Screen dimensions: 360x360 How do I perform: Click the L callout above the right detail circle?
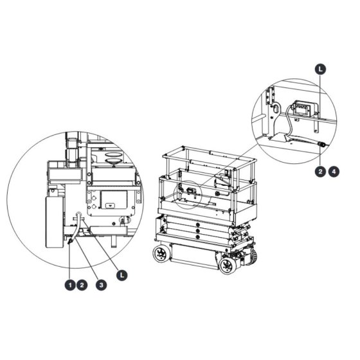pyautogui.click(x=320, y=69)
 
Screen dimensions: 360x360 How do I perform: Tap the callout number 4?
pyautogui.click(x=334, y=172)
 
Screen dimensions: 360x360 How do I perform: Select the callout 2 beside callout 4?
pyautogui.click(x=320, y=172)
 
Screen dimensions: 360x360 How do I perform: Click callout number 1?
pyautogui.click(x=70, y=285)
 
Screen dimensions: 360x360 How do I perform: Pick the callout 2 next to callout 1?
pyautogui.click(x=82, y=285)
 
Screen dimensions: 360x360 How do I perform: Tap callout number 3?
pyautogui.click(x=102, y=285)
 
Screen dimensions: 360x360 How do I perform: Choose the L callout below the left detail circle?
pyautogui.click(x=122, y=275)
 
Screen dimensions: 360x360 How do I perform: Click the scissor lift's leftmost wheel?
pyautogui.click(x=160, y=254)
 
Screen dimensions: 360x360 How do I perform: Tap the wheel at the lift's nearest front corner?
pyautogui.click(x=228, y=265)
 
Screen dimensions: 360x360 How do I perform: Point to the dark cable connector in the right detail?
pyautogui.click(x=320, y=145)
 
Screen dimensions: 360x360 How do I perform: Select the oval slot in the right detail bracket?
pyautogui.click(x=276, y=108)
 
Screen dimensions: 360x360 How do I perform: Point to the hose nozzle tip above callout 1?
pyautogui.click(x=70, y=241)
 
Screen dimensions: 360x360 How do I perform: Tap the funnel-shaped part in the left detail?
pyautogui.click(x=113, y=160)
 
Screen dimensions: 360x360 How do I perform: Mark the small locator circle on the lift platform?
pyautogui.click(x=188, y=195)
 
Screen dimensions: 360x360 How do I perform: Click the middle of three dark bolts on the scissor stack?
pyautogui.click(x=197, y=231)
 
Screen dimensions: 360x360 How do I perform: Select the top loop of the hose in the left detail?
pyautogui.click(x=78, y=213)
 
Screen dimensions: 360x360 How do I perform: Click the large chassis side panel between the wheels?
pyautogui.click(x=194, y=256)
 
